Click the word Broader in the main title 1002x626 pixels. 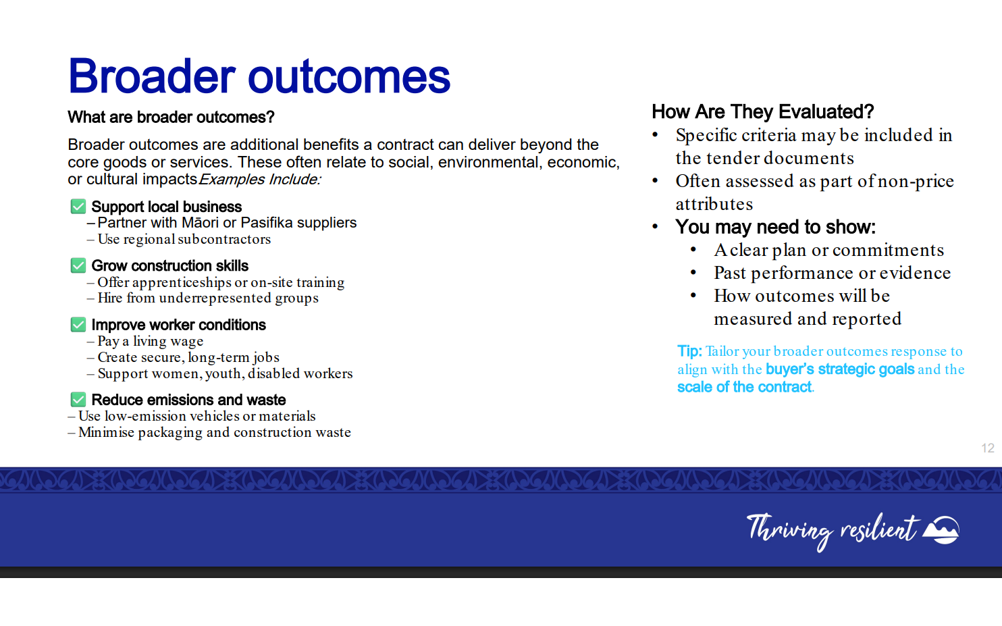pyautogui.click(x=152, y=76)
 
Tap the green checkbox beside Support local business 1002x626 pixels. pyautogui.click(x=78, y=206)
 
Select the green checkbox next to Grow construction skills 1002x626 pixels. pyautogui.click(x=78, y=265)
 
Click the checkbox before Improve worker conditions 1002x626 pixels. pyautogui.click(x=78, y=324)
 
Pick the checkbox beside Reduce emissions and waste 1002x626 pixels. pyautogui.click(x=78, y=399)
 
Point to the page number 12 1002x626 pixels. pyautogui.click(x=988, y=448)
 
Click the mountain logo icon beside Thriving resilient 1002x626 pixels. pyautogui.click(x=941, y=530)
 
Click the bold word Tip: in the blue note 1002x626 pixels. pyautogui.click(x=689, y=351)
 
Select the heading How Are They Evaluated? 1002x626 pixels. pyautogui.click(x=763, y=111)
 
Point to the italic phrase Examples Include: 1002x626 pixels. pyautogui.click(x=260, y=180)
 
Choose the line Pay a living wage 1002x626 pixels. pyautogui.click(x=151, y=341)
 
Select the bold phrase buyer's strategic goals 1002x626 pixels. pyautogui.click(x=840, y=369)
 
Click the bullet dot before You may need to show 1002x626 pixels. pyautogui.click(x=656, y=226)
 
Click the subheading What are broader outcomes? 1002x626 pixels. pyautogui.click(x=171, y=118)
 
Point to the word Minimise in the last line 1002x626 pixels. pyautogui.click(x=106, y=432)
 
